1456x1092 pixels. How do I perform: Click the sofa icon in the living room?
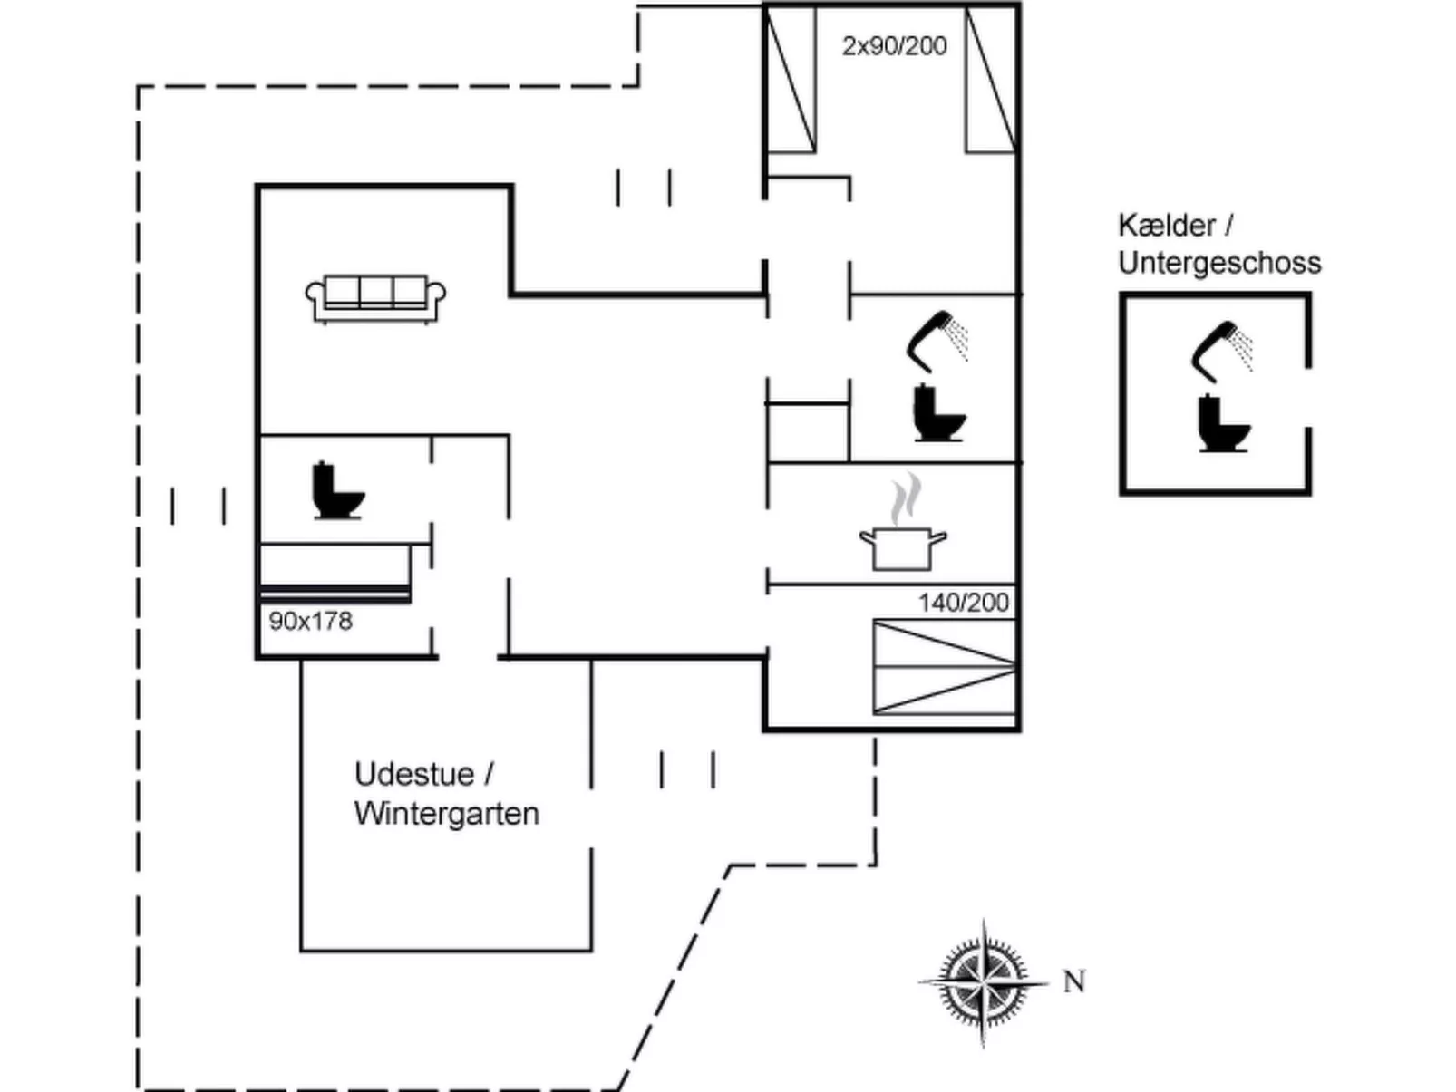(375, 298)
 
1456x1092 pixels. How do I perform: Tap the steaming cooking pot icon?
(903, 535)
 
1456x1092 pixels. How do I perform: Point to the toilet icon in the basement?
(1223, 423)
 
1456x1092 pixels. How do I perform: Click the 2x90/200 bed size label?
(894, 45)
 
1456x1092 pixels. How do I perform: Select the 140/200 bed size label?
(963, 603)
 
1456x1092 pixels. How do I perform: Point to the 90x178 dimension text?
(310, 622)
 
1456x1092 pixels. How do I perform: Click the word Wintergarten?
(446, 813)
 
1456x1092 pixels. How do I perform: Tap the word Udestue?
(414, 774)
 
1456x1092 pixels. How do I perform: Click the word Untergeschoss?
(1219, 263)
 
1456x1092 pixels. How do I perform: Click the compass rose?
(984, 981)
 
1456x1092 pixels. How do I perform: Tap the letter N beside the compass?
(1074, 981)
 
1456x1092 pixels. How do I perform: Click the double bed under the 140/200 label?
(944, 667)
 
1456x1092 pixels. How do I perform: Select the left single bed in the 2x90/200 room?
(791, 80)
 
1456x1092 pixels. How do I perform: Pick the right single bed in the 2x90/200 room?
(990, 80)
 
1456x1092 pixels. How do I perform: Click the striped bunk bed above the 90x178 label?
(335, 571)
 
